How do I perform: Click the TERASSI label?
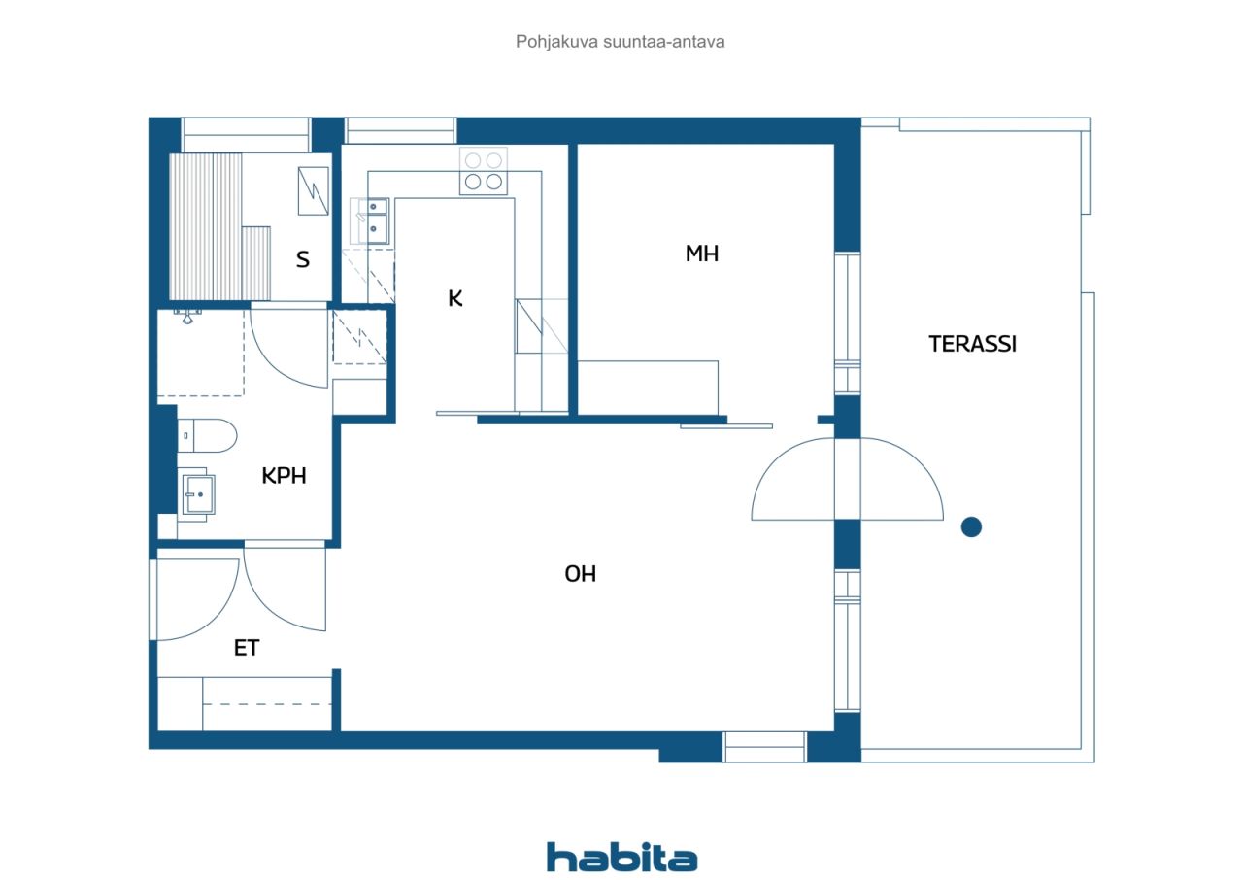(x=972, y=344)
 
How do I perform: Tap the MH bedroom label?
(x=702, y=254)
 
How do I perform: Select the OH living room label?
(x=581, y=574)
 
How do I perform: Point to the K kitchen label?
(x=455, y=298)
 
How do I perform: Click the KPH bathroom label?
(x=284, y=476)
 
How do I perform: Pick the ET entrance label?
(x=247, y=648)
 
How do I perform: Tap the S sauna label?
(x=302, y=259)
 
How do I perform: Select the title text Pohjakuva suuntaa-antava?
(x=620, y=42)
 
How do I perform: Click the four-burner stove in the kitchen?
(x=484, y=171)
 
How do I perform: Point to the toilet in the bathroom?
(x=207, y=435)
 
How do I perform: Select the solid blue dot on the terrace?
(x=971, y=526)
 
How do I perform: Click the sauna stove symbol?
(x=313, y=191)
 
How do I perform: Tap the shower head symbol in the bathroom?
(x=187, y=317)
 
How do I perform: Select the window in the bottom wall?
(x=764, y=746)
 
